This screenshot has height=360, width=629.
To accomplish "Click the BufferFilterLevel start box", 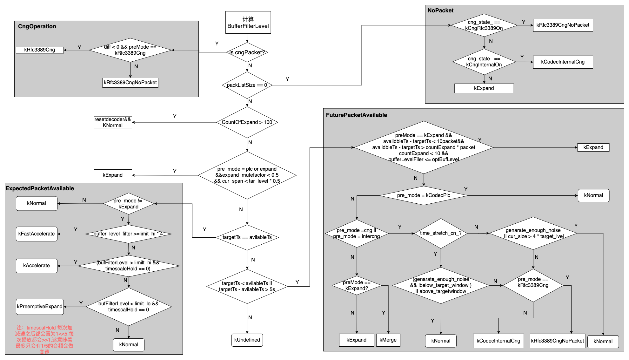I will (248, 23).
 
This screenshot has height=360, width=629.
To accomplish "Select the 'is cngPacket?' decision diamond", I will (247, 52).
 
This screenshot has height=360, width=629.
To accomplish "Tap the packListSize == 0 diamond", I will (247, 85).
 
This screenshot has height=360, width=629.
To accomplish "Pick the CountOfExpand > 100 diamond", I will (247, 122).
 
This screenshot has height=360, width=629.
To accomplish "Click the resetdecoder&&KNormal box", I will (113, 122).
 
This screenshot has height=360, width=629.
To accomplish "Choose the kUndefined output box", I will (247, 340).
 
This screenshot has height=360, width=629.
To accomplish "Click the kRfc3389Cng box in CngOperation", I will (40, 50).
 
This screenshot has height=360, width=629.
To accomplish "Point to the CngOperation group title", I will (37, 26).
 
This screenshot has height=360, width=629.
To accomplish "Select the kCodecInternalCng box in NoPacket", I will (563, 62).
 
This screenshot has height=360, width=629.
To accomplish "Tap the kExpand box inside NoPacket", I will (484, 88).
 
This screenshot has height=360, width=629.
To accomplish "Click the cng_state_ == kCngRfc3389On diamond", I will (484, 25).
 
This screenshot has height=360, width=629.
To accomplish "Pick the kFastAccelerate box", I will (37, 234).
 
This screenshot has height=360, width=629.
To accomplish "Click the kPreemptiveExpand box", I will (40, 307).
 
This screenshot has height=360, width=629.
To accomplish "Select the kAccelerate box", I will (37, 266).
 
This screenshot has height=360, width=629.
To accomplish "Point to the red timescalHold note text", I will (44, 339).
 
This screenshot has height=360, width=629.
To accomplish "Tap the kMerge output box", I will (388, 340).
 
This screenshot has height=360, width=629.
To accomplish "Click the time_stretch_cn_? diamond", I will (441, 233).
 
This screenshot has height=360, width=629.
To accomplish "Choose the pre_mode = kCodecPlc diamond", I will (424, 195).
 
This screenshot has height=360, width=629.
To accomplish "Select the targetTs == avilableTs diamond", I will (247, 237).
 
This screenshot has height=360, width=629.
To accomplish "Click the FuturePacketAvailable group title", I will (356, 115).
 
